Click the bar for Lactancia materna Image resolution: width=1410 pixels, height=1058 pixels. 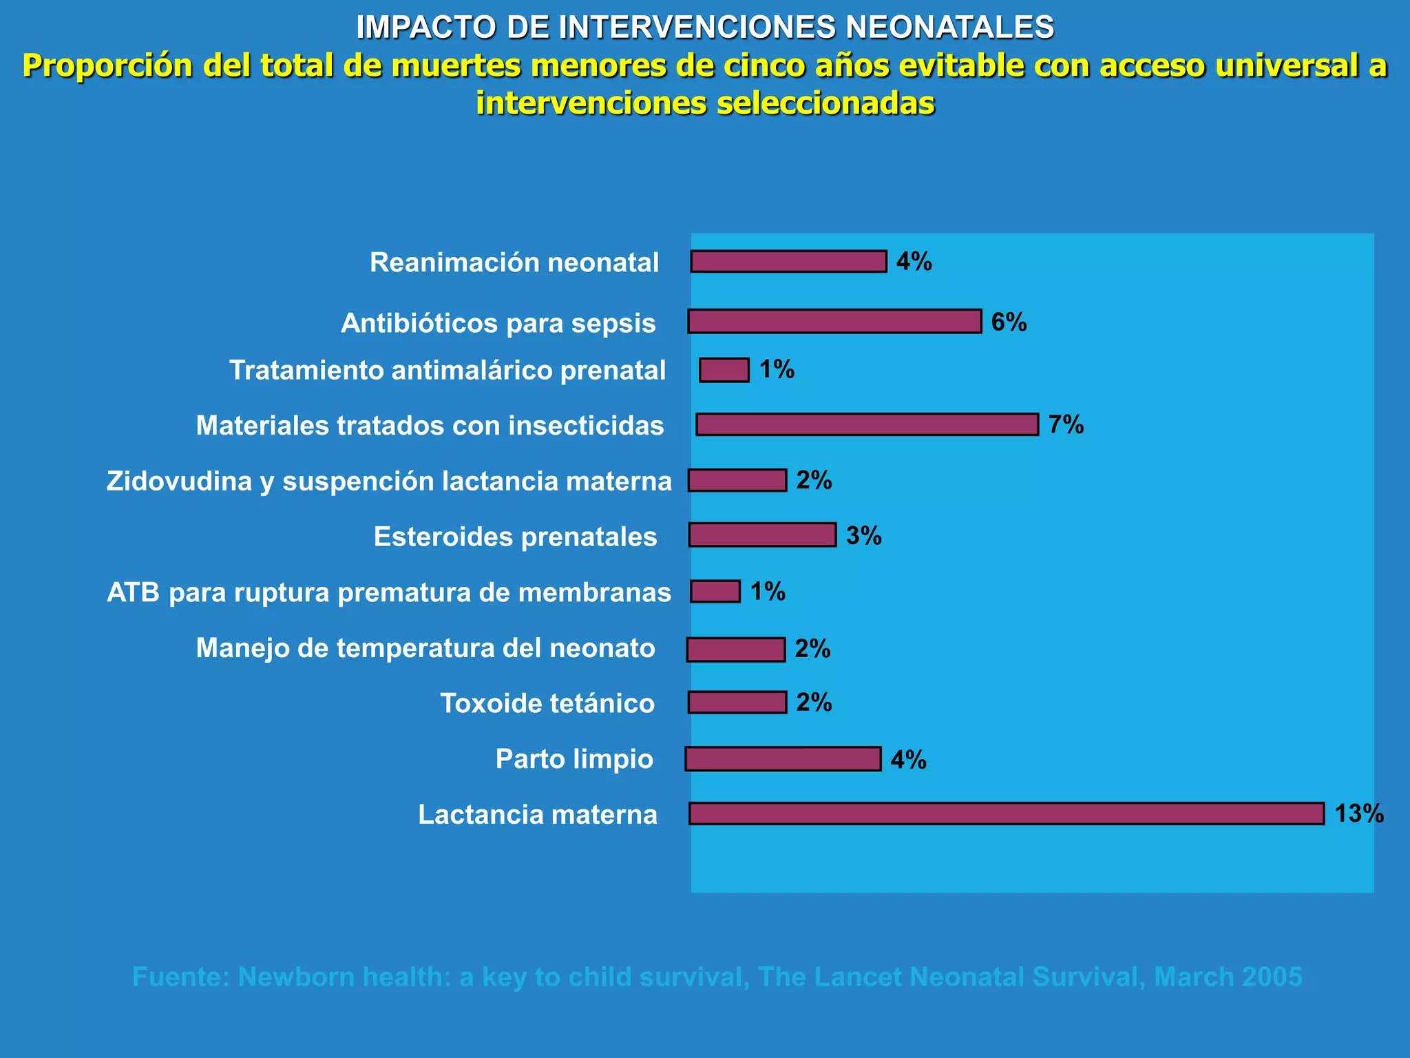[x=1007, y=813]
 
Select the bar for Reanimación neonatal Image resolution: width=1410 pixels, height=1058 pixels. [x=789, y=262]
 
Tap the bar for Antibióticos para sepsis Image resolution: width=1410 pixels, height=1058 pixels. [x=834, y=322]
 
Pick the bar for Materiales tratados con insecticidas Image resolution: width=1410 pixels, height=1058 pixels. [x=867, y=424]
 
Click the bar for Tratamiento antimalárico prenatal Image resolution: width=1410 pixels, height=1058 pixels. [x=724, y=370]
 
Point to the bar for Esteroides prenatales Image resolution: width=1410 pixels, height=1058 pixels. [x=763, y=535]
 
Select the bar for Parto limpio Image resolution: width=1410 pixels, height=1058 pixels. [x=783, y=759]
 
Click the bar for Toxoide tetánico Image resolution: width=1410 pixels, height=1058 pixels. [x=737, y=703]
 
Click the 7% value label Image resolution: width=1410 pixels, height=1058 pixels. [x=1066, y=425]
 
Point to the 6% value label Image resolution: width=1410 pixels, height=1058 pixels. [x=1009, y=322]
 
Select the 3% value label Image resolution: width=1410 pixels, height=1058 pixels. [x=864, y=536]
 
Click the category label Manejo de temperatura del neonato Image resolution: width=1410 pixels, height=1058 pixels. [x=425, y=648]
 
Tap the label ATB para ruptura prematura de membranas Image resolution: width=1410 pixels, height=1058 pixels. [x=389, y=592]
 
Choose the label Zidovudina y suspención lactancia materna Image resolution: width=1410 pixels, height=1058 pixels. [x=389, y=481]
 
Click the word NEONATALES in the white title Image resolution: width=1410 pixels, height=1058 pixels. [x=949, y=28]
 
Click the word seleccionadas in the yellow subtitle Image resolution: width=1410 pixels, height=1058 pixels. [x=825, y=103]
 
